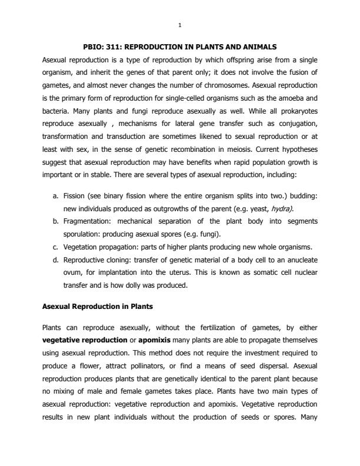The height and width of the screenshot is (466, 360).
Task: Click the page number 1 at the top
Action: [x=180, y=25]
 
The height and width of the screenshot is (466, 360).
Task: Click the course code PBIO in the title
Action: [x=97, y=46]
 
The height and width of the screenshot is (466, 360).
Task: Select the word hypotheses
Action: [x=279, y=150]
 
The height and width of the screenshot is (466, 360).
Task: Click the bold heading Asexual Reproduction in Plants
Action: [x=92, y=307]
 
